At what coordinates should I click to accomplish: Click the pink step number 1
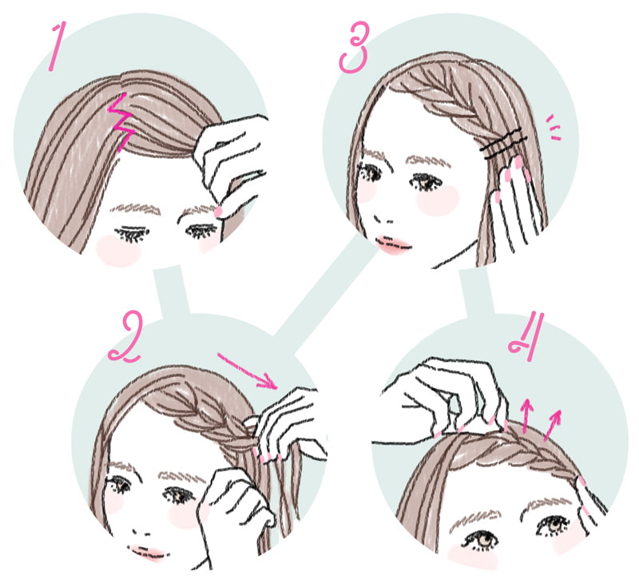[x=56, y=46]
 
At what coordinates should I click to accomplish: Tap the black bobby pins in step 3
[x=502, y=144]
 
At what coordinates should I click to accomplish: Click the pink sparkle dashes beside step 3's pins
[x=554, y=128]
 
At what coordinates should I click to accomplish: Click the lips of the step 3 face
[x=393, y=244]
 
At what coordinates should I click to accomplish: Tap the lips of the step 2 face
[x=149, y=553]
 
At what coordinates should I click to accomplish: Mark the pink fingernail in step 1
[x=219, y=211]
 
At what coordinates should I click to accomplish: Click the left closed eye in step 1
[x=132, y=233]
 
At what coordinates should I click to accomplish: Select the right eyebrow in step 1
[x=196, y=211]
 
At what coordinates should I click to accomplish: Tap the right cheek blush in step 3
[x=438, y=200]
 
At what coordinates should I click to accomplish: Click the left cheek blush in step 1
[x=118, y=250]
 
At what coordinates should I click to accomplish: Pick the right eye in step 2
[x=179, y=494]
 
